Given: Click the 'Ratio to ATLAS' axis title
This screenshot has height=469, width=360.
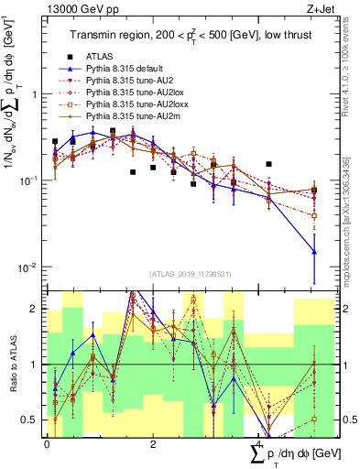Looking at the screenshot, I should pyautogui.click(x=11, y=365).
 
